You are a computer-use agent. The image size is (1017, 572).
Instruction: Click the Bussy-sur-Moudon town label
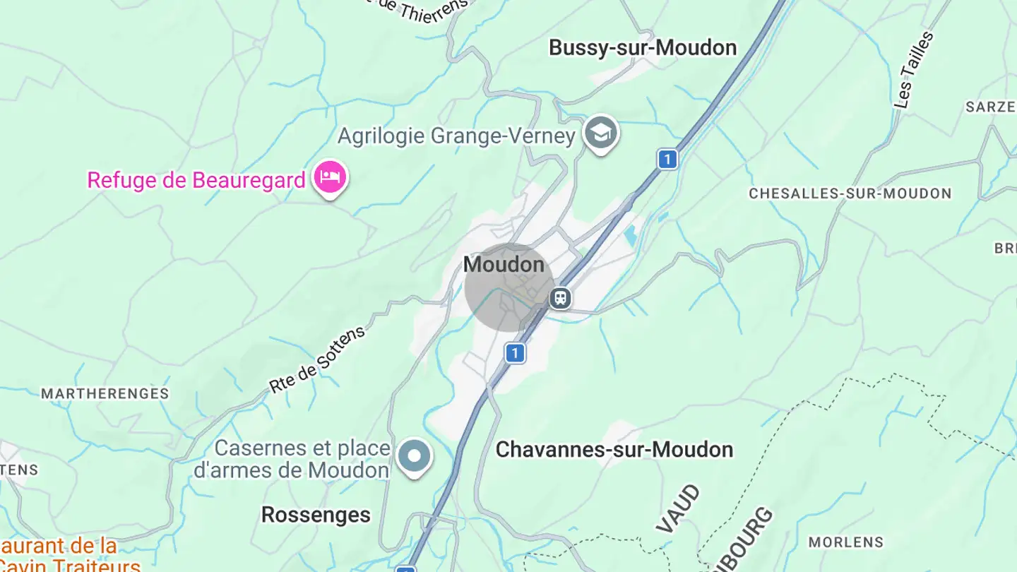[x=642, y=48]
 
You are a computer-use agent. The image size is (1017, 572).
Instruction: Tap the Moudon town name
[x=504, y=265]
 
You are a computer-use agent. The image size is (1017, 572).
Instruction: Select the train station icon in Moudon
[x=560, y=298]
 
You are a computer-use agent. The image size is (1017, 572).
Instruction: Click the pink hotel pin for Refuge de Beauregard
[x=330, y=177]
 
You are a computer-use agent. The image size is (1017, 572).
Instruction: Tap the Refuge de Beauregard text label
[x=196, y=180]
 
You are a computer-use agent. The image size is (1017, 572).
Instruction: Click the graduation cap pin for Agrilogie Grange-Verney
[x=601, y=132]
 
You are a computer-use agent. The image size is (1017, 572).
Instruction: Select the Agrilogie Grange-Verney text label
[x=456, y=136]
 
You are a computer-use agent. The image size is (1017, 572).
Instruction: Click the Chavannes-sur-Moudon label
[x=614, y=450]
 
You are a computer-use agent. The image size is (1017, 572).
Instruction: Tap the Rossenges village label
[x=316, y=515]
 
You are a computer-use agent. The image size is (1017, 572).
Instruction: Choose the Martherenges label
[x=105, y=394]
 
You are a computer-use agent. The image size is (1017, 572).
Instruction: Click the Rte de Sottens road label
[x=317, y=359]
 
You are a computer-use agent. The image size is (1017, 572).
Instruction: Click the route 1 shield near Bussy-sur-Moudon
[x=667, y=160]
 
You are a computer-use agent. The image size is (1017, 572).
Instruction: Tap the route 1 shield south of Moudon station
[x=516, y=352]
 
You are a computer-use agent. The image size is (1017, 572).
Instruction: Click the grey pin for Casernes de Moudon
[x=414, y=455]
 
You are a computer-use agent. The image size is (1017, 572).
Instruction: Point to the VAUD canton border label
[x=678, y=508]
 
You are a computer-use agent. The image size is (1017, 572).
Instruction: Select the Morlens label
[x=845, y=542]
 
